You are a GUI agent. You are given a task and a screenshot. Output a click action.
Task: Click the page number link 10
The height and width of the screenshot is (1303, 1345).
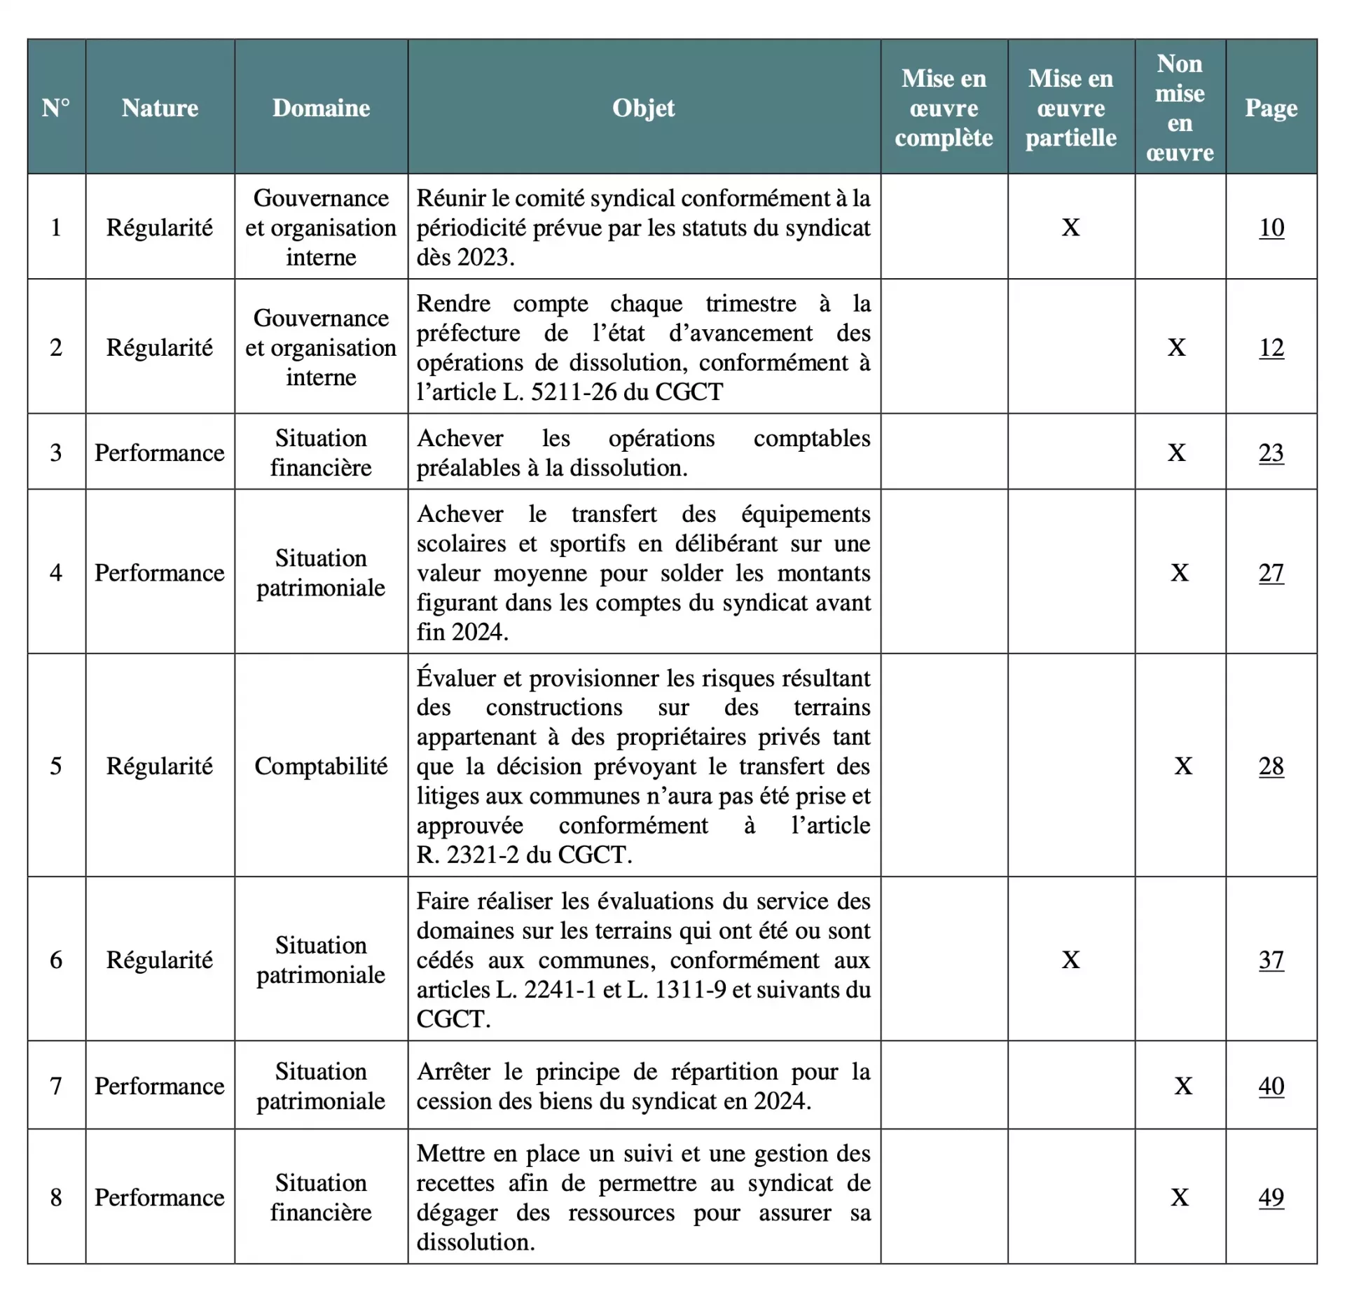[x=1271, y=228]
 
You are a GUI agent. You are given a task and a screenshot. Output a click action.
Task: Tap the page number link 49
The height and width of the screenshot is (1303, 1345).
[x=1271, y=1197]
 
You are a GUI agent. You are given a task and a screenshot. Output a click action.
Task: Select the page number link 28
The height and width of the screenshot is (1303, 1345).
[x=1271, y=766]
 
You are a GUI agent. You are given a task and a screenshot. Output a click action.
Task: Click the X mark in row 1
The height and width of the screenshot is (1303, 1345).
[x=1070, y=228]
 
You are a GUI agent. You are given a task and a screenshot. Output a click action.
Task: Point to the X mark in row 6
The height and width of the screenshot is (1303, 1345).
[x=1070, y=960]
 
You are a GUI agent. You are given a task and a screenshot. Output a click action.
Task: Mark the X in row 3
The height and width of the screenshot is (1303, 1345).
[x=1177, y=453]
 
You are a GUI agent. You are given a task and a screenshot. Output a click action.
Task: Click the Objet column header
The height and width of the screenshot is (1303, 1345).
[x=643, y=108]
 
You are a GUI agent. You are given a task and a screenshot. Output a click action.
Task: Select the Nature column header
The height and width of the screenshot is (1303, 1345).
[x=160, y=108]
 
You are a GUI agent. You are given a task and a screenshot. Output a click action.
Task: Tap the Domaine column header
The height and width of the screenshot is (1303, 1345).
[x=321, y=108]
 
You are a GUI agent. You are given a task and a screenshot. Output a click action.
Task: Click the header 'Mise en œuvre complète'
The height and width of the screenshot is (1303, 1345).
[x=944, y=108]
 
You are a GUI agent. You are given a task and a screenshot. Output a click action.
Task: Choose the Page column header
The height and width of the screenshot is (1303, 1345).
[x=1271, y=108]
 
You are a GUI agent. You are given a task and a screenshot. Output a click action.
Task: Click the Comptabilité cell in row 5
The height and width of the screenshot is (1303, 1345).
[x=321, y=766]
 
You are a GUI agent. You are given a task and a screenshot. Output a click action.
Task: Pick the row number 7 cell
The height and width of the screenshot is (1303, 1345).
[x=56, y=1086]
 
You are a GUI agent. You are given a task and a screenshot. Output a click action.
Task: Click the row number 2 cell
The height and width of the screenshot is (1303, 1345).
[x=56, y=347]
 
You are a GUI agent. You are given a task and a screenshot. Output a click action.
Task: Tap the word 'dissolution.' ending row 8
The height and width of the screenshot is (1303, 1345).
[x=476, y=1242]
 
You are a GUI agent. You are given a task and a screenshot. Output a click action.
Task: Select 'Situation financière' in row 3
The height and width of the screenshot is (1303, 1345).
[x=321, y=453]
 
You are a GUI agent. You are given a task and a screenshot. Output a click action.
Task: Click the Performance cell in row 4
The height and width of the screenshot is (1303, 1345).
[x=160, y=573]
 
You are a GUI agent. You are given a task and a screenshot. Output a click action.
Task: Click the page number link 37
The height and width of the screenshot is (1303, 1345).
[x=1271, y=960]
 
